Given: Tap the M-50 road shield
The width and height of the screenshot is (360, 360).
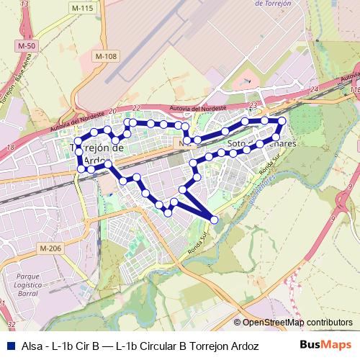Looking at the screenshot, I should point(27,46).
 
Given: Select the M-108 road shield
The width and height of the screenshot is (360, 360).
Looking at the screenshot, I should point(105,56).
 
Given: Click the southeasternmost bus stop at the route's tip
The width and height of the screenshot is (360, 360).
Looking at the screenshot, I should point(214,219).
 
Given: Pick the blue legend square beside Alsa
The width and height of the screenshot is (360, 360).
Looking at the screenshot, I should point(9,345).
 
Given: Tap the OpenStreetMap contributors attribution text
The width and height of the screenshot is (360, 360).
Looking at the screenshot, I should point(297,322).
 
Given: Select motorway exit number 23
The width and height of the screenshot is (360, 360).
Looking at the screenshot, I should point(253,104).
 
